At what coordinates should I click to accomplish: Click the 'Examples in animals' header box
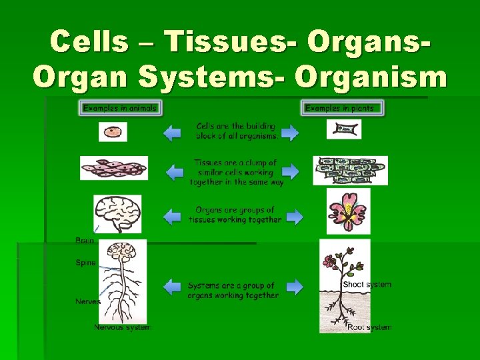[x=120, y=108]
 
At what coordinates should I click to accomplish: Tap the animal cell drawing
[x=113, y=131]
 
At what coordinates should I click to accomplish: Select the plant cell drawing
[x=344, y=129]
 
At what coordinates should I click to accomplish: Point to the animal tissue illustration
[x=114, y=168]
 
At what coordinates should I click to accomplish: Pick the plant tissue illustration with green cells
[x=350, y=170]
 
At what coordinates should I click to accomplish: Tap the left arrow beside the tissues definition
[x=175, y=173]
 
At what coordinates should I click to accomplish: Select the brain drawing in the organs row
[x=117, y=213]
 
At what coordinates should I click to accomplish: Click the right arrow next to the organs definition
[x=294, y=216]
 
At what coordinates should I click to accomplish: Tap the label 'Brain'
[x=85, y=240]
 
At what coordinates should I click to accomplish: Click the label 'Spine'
[x=85, y=263]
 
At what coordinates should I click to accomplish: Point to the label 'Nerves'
[x=88, y=301]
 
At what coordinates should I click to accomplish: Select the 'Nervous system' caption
[x=123, y=327]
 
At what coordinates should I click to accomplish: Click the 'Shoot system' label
[x=367, y=285]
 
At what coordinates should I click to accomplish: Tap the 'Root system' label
[x=369, y=327]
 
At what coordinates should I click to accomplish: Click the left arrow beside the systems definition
[x=172, y=287]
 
